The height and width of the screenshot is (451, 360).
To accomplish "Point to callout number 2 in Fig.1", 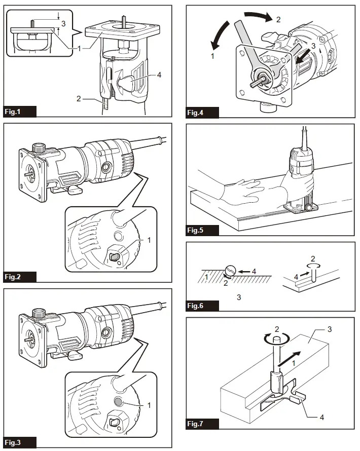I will click(x=79, y=98).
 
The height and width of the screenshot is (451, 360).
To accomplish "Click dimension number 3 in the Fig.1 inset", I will click(x=63, y=23).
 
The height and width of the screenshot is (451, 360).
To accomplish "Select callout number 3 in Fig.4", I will click(x=315, y=46).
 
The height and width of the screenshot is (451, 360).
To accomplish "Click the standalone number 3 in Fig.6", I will click(x=239, y=296).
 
